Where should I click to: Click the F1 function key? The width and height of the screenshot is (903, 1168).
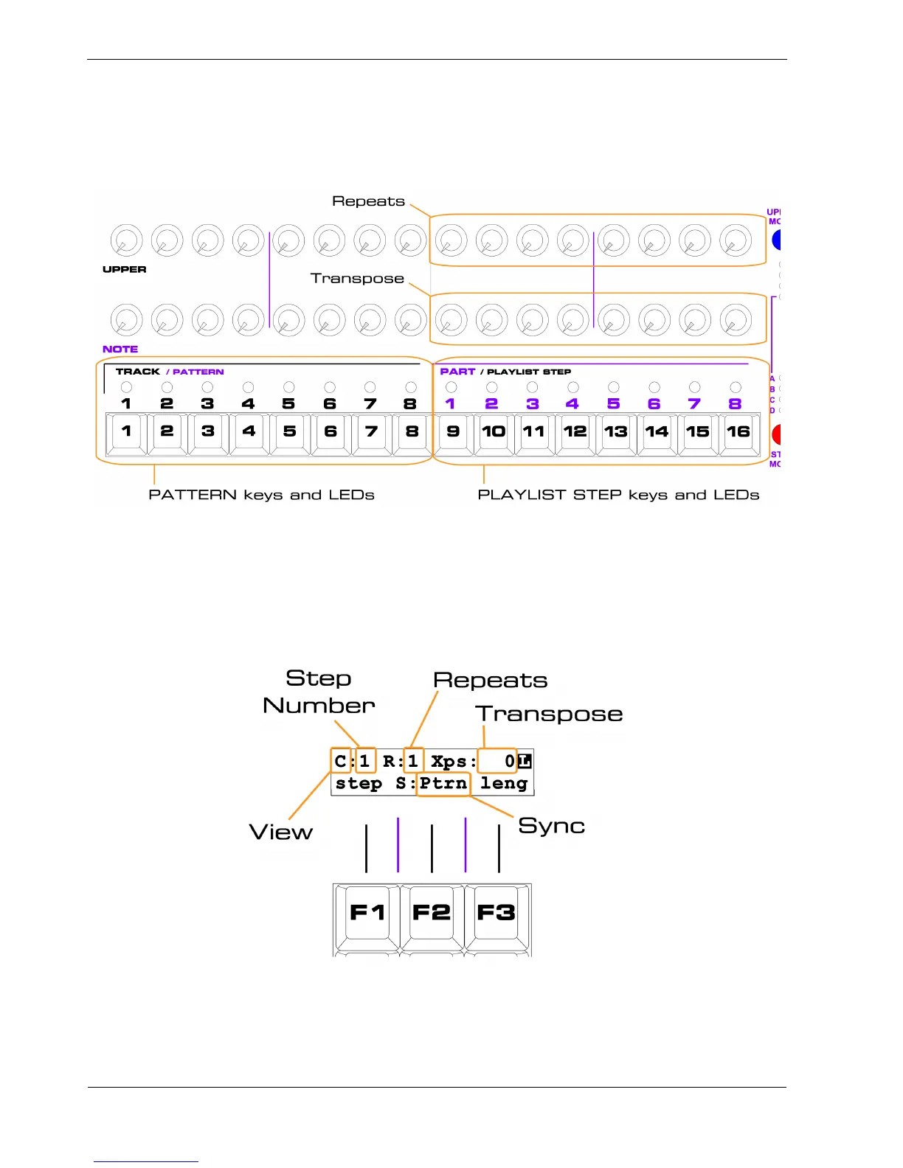[x=367, y=913]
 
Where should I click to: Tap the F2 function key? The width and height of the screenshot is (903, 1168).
[x=432, y=913]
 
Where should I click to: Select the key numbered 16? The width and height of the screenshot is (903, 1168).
[x=738, y=432]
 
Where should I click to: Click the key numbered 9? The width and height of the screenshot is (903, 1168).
[x=453, y=432]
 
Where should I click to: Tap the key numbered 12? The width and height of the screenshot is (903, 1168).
[x=575, y=432]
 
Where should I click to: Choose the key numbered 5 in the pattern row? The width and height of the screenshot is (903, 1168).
[x=289, y=432]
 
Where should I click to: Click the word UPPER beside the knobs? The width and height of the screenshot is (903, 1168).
[x=124, y=269]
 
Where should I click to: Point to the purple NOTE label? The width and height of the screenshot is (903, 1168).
[x=120, y=349]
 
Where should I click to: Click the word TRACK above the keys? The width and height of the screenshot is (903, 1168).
[x=138, y=372]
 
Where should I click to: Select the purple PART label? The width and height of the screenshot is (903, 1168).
[x=457, y=372]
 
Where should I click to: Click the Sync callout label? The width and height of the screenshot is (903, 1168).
[x=551, y=825]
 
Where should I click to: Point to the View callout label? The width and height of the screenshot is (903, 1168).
[x=281, y=832]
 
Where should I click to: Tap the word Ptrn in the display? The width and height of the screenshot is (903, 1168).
[x=443, y=783]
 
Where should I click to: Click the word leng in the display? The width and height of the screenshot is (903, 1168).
[x=504, y=783]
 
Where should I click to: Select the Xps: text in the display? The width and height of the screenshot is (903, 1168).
[x=453, y=761]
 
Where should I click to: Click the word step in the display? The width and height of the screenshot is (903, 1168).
[x=359, y=783]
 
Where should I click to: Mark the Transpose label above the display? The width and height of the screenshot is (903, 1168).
[x=549, y=714]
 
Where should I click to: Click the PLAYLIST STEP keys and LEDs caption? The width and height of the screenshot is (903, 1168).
[x=618, y=495]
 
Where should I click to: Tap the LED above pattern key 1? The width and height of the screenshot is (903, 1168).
[x=126, y=387]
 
